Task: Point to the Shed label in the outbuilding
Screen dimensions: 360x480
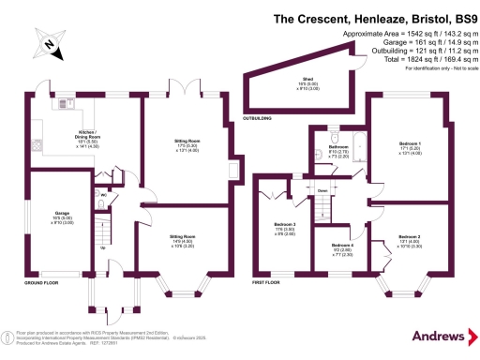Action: (x=307, y=80)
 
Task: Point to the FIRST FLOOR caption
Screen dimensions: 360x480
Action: (x=267, y=282)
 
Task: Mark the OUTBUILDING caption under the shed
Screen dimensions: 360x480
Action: (x=260, y=119)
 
